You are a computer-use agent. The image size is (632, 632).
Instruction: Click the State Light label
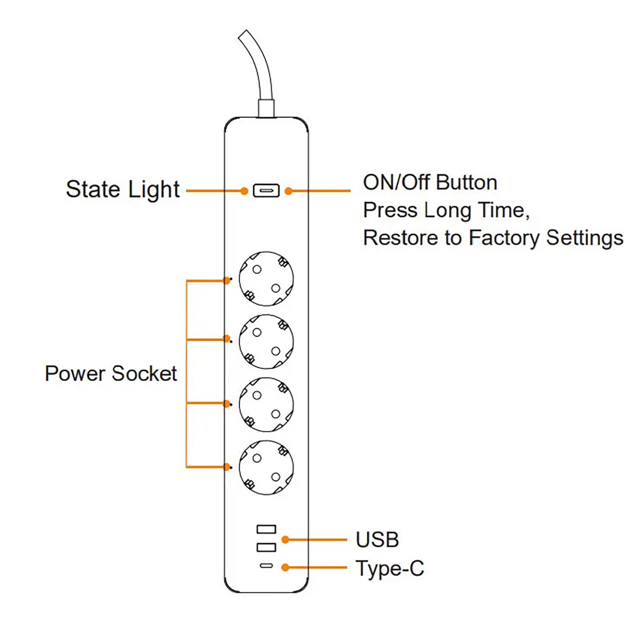click(122, 190)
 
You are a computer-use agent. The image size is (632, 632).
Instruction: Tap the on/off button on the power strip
click(266, 191)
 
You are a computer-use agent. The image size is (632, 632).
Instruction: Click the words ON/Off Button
click(430, 182)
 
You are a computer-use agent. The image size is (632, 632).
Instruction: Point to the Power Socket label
click(111, 374)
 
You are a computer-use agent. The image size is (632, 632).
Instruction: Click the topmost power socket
click(266, 279)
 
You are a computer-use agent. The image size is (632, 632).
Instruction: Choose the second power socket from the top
click(266, 342)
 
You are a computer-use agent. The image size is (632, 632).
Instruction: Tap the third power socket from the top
click(266, 404)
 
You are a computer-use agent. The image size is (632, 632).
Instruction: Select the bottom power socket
click(266, 468)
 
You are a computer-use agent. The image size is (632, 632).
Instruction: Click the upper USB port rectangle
click(266, 529)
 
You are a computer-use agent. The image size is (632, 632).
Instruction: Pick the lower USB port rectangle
click(266, 547)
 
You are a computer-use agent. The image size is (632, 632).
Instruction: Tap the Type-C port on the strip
click(266, 566)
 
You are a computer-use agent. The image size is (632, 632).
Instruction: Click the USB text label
click(377, 540)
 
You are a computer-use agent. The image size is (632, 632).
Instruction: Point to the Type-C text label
click(389, 568)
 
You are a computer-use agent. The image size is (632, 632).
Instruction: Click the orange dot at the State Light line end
click(244, 191)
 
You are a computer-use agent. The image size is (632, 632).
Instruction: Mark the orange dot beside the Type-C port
click(285, 568)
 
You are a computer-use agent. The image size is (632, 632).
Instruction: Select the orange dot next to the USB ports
click(285, 540)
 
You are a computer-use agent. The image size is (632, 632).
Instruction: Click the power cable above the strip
click(261, 71)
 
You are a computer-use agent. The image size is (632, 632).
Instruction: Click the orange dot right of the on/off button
click(289, 191)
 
